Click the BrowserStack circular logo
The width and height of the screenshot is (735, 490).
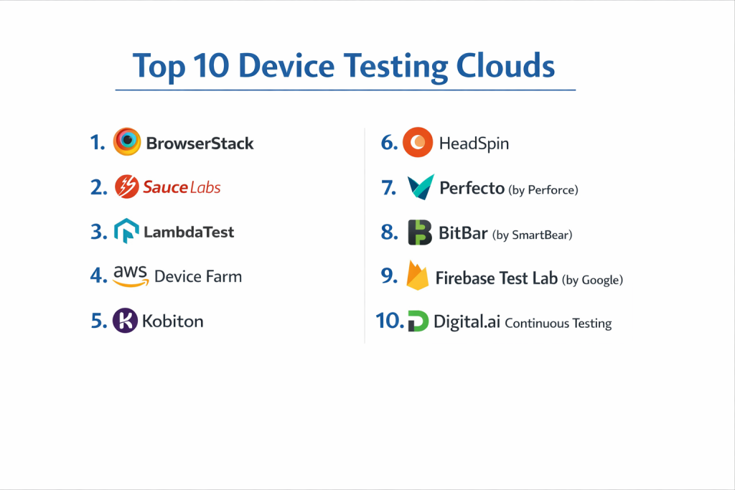tap(126, 141)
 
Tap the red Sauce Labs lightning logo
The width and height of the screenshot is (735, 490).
tap(126, 187)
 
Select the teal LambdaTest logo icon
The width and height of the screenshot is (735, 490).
tap(126, 230)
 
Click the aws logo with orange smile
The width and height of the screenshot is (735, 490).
tap(131, 275)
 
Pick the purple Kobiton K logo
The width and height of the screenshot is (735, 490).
tap(125, 321)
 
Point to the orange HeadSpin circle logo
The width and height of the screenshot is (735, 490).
tap(418, 142)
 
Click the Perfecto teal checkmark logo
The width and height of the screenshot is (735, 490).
tap(421, 187)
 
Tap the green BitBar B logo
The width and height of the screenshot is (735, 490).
tap(419, 232)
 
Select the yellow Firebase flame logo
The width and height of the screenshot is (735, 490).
tap(417, 275)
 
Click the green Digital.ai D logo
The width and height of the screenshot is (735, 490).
tap(418, 321)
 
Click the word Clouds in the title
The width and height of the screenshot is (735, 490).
tap(505, 65)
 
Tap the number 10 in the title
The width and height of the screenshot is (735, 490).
tap(211, 65)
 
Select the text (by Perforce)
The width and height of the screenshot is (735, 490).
tap(543, 189)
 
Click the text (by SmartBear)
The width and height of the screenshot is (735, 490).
tap(532, 235)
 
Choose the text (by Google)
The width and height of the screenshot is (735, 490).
tap(592, 280)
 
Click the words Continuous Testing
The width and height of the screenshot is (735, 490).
tap(558, 324)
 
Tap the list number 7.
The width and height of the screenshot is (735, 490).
tap(388, 187)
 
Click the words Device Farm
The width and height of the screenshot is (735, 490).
tap(198, 276)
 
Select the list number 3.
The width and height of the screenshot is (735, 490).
tap(98, 232)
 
